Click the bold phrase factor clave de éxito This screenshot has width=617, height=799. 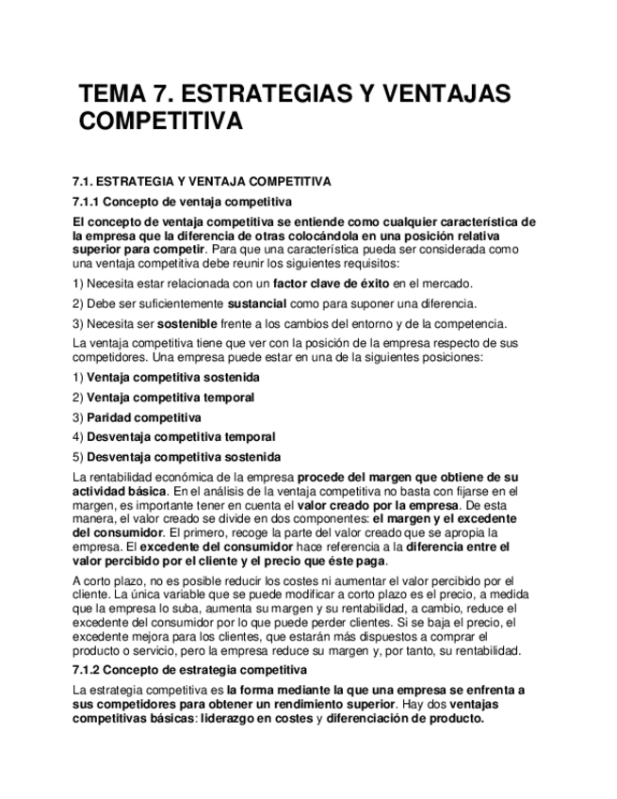coord(331,284)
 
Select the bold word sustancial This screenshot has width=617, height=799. coord(261,303)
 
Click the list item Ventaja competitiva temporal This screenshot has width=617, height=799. coord(170,398)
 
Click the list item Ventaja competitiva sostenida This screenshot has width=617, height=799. coord(172,378)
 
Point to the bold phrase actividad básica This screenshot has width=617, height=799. coord(120,492)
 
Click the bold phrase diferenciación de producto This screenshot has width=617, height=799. coord(407,717)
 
